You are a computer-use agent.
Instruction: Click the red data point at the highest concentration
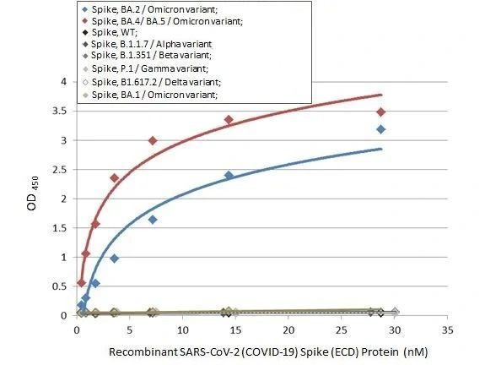[x=381, y=112]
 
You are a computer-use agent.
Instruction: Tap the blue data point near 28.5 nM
[x=381, y=129]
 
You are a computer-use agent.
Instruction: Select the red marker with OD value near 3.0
[x=153, y=140]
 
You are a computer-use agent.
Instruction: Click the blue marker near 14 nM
[x=229, y=175]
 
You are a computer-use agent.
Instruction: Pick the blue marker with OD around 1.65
[x=153, y=219]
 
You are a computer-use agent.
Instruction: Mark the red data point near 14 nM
[x=229, y=120]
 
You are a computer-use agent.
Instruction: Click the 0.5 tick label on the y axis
[x=59, y=286]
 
